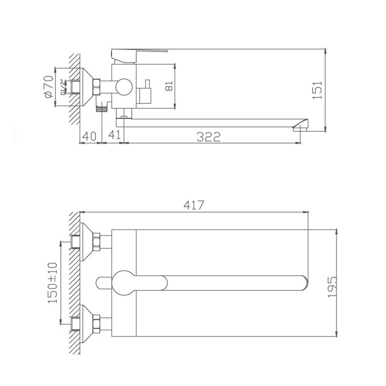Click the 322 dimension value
pyautogui.click(x=208, y=137)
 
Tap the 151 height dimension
pyautogui.click(x=317, y=90)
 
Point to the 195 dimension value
pyautogui.click(x=331, y=286)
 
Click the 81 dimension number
pyautogui.click(x=169, y=87)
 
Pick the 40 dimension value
pyautogui.click(x=89, y=136)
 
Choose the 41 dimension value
pyautogui.click(x=114, y=136)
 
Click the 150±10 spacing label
pyautogui.click(x=53, y=283)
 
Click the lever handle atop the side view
pyautogui.click(x=139, y=52)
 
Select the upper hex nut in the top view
pyautogui.click(x=96, y=242)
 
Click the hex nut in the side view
pyautogui.click(x=96, y=87)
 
